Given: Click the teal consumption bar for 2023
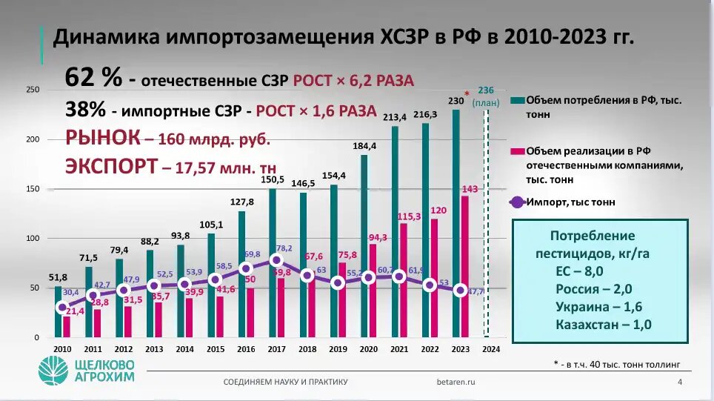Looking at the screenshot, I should [x=456, y=222].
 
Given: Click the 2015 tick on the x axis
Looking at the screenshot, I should [x=215, y=349].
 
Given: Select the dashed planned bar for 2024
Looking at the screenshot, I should [x=486, y=222].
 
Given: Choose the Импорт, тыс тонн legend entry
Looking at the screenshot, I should [x=570, y=202].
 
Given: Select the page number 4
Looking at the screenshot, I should [x=680, y=382].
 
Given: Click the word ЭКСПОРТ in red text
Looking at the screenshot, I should [x=111, y=165].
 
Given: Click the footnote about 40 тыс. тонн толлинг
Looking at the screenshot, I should [x=616, y=364].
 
